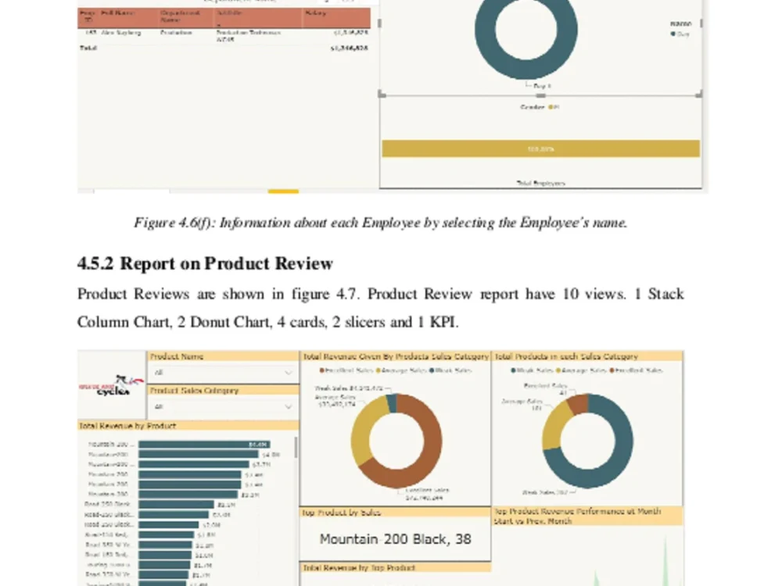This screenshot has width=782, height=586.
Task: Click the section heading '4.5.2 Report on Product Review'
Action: pos(205,263)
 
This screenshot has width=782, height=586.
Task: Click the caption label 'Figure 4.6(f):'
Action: pos(174,223)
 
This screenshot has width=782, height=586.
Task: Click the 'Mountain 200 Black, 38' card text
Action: pos(395,539)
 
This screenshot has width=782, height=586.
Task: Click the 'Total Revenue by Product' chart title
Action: pos(127,426)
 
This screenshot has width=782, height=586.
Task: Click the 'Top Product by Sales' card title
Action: pos(341,513)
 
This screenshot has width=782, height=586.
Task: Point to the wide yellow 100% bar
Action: pos(540,148)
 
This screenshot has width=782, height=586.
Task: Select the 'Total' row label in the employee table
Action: pos(88,48)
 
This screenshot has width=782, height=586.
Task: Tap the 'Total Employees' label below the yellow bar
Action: pos(540,183)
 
